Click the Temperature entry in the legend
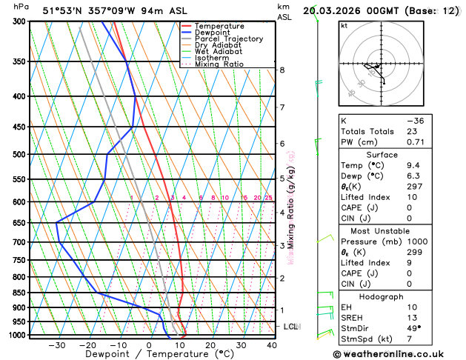[221, 26]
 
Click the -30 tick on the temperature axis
[56, 345]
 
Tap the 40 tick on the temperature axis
[272, 345]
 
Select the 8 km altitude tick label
[282, 70]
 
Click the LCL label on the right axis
[291, 327]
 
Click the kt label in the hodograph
[344, 25]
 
